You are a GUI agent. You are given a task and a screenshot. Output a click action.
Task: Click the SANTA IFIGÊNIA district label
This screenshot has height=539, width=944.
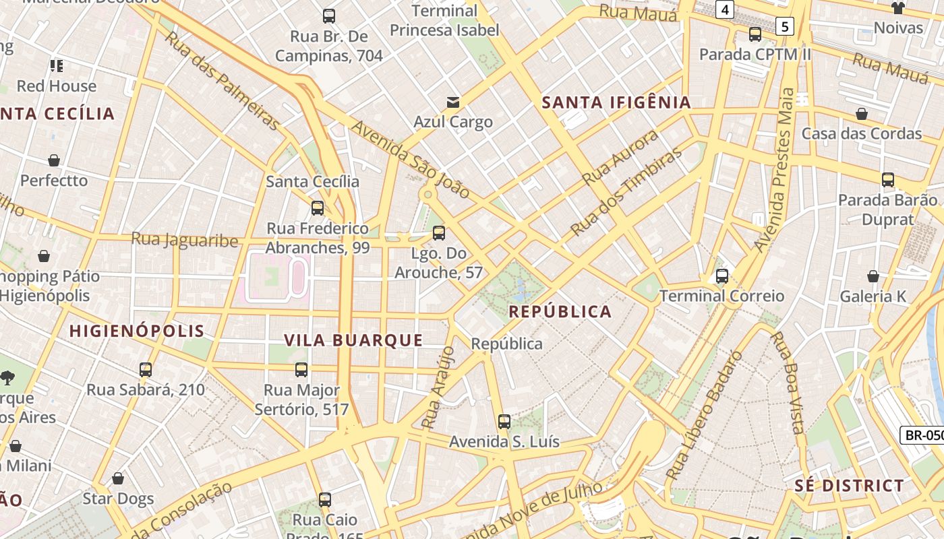pyautogui.click(x=617, y=102)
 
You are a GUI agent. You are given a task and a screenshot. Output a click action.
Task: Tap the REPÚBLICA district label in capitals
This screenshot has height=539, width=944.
pyautogui.click(x=560, y=311)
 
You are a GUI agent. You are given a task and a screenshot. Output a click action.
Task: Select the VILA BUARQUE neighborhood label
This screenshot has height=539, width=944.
pyautogui.click(x=353, y=340)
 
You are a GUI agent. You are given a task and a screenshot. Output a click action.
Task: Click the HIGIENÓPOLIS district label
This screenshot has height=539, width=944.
pyautogui.click(x=137, y=331)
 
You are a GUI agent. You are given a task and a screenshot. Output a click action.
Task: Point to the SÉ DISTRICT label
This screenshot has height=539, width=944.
pyautogui.click(x=849, y=486)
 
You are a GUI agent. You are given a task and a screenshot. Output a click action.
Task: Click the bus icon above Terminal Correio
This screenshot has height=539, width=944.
pyautogui.click(x=722, y=276)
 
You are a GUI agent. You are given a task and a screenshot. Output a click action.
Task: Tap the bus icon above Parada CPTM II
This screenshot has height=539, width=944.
pyautogui.click(x=755, y=34)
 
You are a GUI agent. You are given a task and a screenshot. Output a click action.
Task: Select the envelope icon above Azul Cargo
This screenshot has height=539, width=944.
pyautogui.click(x=453, y=102)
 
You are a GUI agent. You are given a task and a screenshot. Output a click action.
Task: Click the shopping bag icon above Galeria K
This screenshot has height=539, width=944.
pyautogui.click(x=873, y=276)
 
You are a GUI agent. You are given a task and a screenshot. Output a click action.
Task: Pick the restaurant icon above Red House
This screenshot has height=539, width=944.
pyautogui.click(x=57, y=66)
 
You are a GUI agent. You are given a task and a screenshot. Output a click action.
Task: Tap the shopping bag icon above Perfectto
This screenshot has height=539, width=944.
pyautogui.click(x=54, y=160)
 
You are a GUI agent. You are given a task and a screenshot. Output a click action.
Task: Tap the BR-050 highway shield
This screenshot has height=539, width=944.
pyautogui.click(x=922, y=435)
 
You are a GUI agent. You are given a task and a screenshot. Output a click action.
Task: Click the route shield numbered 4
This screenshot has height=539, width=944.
pyautogui.click(x=725, y=9)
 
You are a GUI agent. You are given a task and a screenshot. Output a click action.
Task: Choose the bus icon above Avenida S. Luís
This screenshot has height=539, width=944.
pyautogui.click(x=504, y=422)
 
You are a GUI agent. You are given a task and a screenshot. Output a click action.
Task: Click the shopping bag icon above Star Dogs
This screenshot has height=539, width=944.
pyautogui.click(x=118, y=478)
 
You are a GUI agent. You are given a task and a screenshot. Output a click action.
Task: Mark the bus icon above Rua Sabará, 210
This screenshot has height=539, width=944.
pyautogui.click(x=146, y=370)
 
